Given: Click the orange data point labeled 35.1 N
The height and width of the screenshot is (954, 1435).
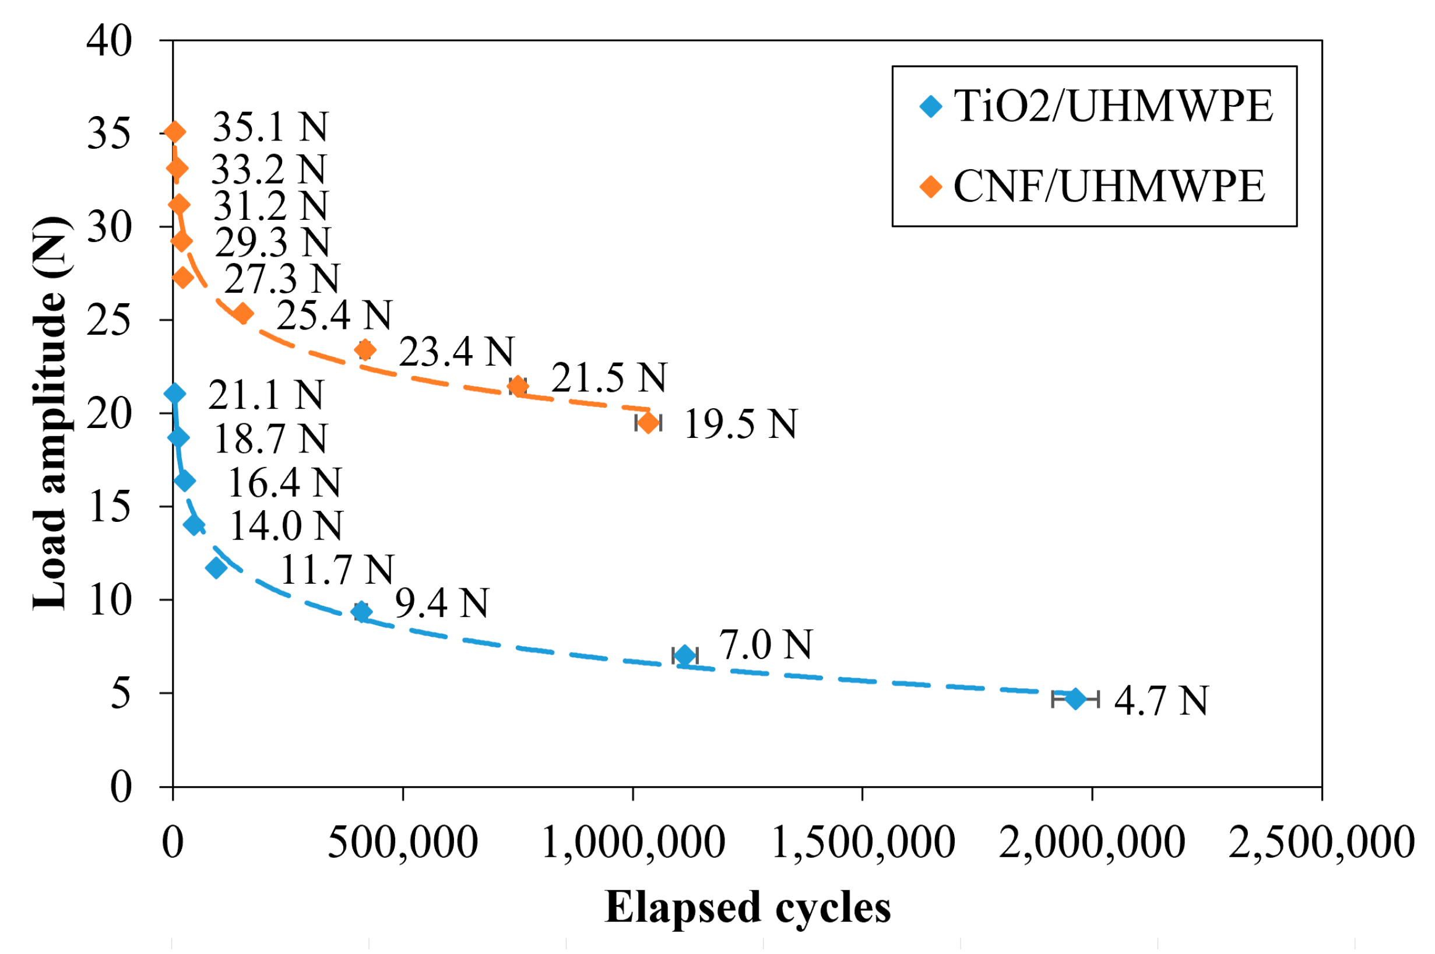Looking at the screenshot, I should point(175,132).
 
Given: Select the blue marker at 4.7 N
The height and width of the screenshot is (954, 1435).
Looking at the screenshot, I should point(1075,699).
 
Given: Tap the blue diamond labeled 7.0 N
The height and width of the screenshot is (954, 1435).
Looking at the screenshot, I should point(685,656).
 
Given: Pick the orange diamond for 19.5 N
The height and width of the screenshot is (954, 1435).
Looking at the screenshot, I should point(648,422).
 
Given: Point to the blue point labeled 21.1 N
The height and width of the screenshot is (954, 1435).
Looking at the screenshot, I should point(174,394).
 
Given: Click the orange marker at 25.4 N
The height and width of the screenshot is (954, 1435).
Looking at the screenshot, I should point(242,313).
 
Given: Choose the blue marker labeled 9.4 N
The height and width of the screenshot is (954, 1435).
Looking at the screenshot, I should point(362,612).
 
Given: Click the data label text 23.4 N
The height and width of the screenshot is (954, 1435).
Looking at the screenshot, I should point(456,352).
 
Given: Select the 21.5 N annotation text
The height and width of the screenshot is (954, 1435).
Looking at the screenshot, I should point(609,378).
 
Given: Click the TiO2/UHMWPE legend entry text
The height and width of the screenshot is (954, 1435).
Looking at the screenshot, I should point(1113,107).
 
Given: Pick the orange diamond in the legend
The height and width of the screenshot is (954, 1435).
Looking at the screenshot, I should point(931,186).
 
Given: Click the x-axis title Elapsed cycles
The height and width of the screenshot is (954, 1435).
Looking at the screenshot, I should point(747,907).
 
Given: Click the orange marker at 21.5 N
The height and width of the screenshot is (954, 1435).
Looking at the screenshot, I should point(518,385).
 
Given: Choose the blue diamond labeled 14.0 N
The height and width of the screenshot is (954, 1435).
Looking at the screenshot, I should point(195,524).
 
